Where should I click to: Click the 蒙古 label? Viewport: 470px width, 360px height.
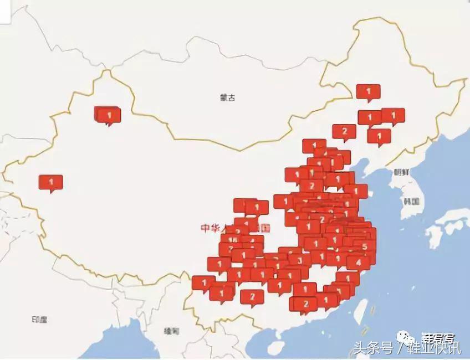click(x=227, y=97)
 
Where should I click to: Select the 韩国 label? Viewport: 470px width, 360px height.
click(x=412, y=202)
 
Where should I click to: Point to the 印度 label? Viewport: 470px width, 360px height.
click(x=39, y=320)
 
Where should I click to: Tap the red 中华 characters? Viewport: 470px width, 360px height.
click(x=211, y=228)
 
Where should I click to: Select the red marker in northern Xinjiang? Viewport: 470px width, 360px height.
click(x=109, y=115)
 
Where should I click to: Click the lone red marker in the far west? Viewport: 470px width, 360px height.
click(x=51, y=182)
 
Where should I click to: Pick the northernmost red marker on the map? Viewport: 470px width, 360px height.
click(x=368, y=91)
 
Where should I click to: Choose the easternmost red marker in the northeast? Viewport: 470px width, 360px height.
click(x=393, y=116)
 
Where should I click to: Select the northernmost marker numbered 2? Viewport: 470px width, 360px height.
click(x=344, y=132)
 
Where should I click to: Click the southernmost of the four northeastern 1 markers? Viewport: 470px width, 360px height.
click(x=379, y=135)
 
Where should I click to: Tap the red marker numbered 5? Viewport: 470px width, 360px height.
click(x=364, y=246)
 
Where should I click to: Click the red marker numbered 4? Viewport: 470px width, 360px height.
click(x=359, y=262)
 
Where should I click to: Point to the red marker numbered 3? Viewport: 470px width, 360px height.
click(x=299, y=259)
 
